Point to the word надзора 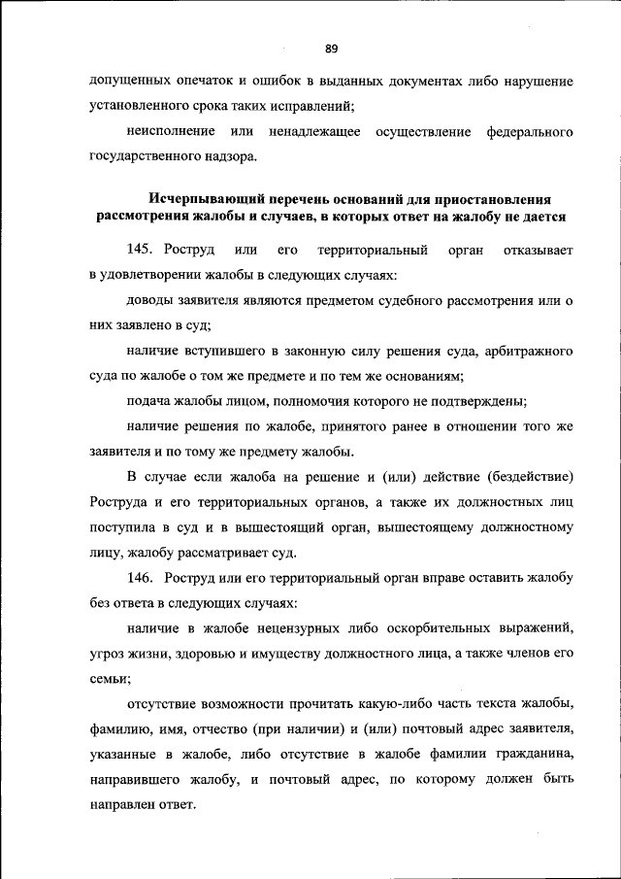coord(227,155)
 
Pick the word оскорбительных coord(418,628)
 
